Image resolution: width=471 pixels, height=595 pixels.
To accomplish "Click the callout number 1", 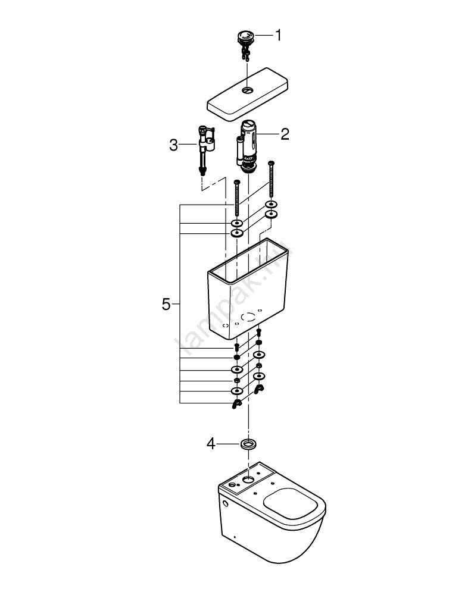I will tap(277, 36).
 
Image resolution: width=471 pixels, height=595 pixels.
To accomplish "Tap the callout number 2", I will tap(285, 134).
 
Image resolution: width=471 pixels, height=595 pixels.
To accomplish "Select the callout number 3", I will tap(174, 145).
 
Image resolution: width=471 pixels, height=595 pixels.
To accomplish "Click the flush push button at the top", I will tap(244, 37).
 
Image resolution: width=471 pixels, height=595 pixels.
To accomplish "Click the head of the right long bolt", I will tap(272, 163).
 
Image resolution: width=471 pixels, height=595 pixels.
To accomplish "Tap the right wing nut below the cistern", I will tap(258, 389).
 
